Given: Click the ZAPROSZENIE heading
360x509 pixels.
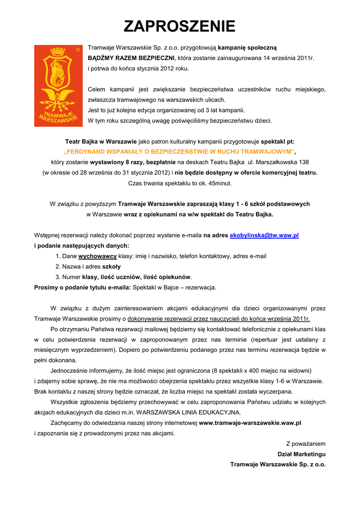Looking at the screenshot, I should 180,26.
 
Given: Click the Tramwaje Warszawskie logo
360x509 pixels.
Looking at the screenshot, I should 58,85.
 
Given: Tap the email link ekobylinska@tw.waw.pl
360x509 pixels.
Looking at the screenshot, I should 264,235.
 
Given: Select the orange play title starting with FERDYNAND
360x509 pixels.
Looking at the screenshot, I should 180,152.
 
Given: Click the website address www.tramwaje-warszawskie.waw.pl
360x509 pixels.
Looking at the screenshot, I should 250,423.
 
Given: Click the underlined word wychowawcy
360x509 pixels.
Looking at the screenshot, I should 97,256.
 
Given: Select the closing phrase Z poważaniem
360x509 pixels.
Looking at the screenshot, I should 305,443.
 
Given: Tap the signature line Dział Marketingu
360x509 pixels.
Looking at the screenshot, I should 301,454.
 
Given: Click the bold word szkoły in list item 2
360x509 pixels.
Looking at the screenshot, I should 111,266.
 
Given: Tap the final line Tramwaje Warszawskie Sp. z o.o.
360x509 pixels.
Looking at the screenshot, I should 277,464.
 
